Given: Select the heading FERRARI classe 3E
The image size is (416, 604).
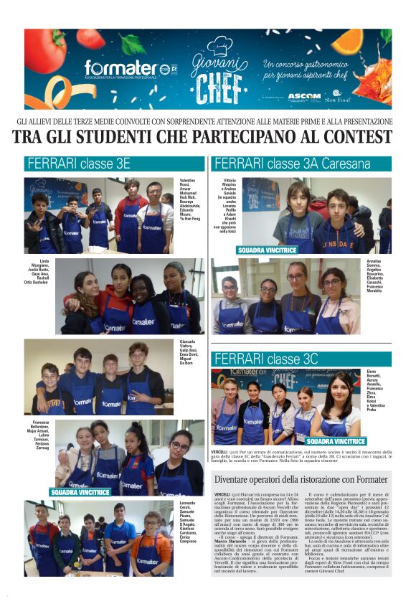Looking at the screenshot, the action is point(78,164).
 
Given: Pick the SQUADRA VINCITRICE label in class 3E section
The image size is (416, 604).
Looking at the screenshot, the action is point(80,493).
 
